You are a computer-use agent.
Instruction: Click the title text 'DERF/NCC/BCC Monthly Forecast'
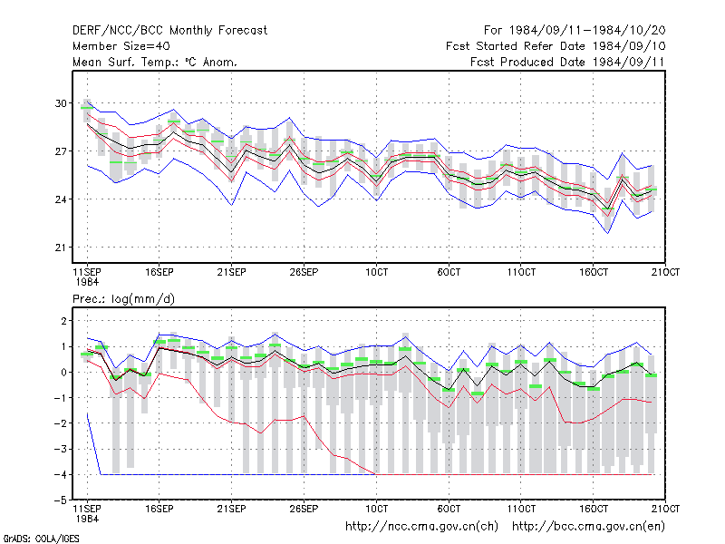pos(169,31)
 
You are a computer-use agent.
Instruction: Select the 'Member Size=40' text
pos(121,46)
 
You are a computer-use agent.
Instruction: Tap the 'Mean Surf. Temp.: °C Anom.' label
pos(154,62)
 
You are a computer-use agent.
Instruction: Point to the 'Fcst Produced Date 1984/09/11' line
pos(567,62)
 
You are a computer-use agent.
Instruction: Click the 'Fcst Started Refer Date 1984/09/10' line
pos(556,46)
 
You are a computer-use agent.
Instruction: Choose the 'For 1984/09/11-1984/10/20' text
pos(575,31)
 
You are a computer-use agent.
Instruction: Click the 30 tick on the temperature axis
pos(61,103)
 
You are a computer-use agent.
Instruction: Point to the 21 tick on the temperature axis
pos(61,248)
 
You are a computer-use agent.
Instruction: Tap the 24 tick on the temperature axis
pos(61,199)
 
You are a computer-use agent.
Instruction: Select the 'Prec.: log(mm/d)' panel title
pos(123,299)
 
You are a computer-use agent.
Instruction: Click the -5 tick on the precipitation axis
pos(61,500)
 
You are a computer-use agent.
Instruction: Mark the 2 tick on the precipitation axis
pos(63,321)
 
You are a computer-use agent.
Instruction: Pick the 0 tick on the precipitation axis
pos(63,372)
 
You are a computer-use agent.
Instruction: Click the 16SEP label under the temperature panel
pos(159,272)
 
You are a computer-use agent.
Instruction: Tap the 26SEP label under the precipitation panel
pos(304,509)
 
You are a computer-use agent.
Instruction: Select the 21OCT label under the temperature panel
pos(665,272)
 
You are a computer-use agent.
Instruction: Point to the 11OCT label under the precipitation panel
pos(521,509)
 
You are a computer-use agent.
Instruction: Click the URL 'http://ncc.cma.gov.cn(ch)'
pos(421,527)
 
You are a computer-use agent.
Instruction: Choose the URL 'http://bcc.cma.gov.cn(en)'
pos(588,527)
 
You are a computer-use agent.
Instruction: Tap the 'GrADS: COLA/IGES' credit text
pos(41,539)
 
